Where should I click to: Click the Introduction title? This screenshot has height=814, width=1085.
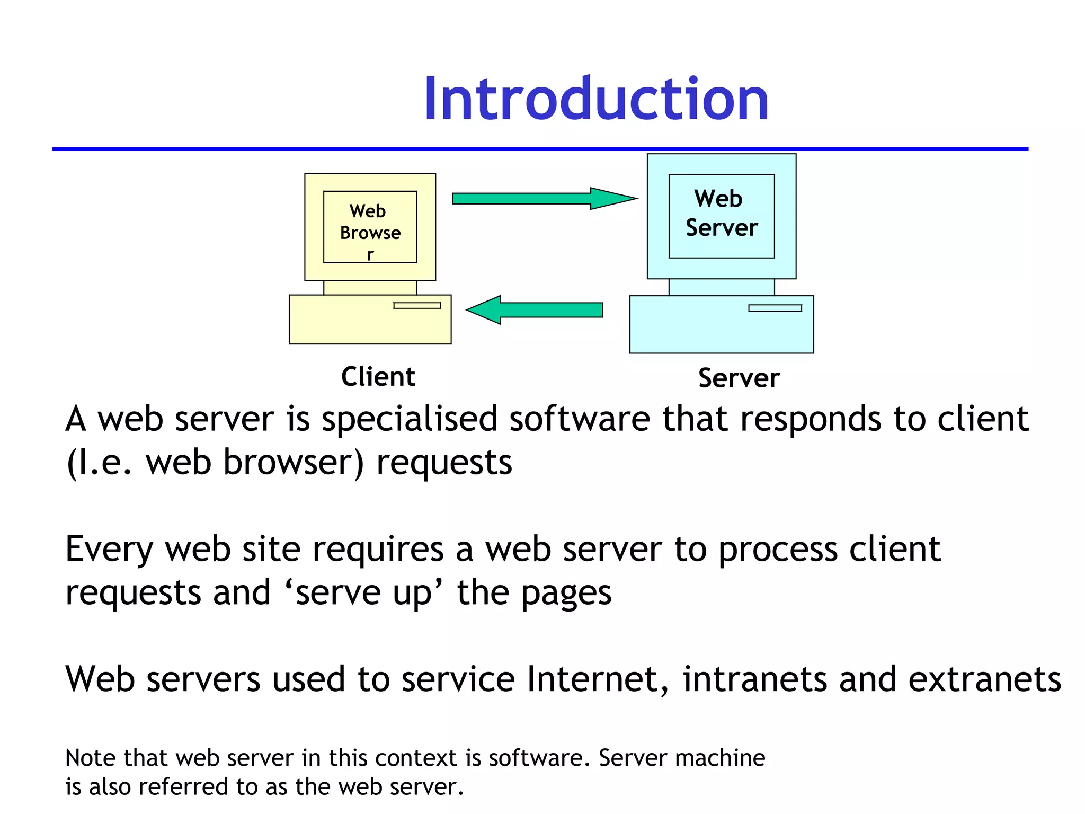595,100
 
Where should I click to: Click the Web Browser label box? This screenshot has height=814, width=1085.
370,227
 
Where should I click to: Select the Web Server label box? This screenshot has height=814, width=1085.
722,216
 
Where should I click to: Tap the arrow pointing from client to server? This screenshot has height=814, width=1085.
545,199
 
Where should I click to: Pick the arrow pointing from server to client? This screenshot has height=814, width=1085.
535,310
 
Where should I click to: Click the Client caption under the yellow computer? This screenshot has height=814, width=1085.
378,377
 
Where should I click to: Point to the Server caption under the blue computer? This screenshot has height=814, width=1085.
739,378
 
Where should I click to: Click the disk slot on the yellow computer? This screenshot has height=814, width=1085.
417,305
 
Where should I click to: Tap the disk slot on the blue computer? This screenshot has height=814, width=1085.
775,308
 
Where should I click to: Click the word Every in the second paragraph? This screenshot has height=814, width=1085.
109,550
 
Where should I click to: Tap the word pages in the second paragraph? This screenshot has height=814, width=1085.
566,594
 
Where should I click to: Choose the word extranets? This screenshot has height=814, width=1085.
985,679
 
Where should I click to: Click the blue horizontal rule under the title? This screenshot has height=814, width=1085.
540,149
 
